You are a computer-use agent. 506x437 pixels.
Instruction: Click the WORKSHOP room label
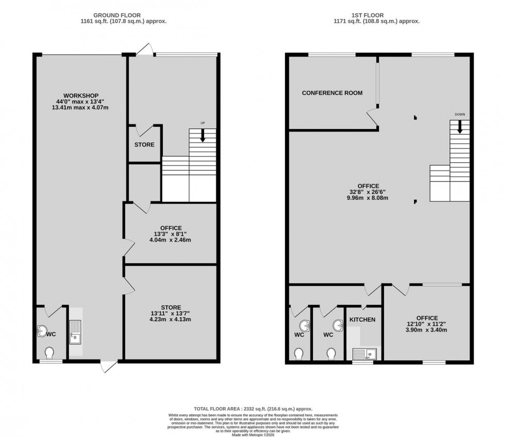[81, 96]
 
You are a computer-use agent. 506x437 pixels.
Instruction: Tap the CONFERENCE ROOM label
[332, 93]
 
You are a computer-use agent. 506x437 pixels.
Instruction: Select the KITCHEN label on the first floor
[362, 320]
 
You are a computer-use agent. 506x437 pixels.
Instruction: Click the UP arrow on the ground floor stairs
[202, 135]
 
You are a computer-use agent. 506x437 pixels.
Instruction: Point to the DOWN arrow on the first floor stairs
[459, 127]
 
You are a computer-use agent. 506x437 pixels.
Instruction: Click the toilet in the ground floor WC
[50, 353]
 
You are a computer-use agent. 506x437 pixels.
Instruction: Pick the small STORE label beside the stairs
[144, 145]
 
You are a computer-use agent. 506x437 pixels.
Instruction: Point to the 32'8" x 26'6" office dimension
[369, 192]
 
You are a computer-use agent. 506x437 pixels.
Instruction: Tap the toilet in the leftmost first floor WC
[299, 353]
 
